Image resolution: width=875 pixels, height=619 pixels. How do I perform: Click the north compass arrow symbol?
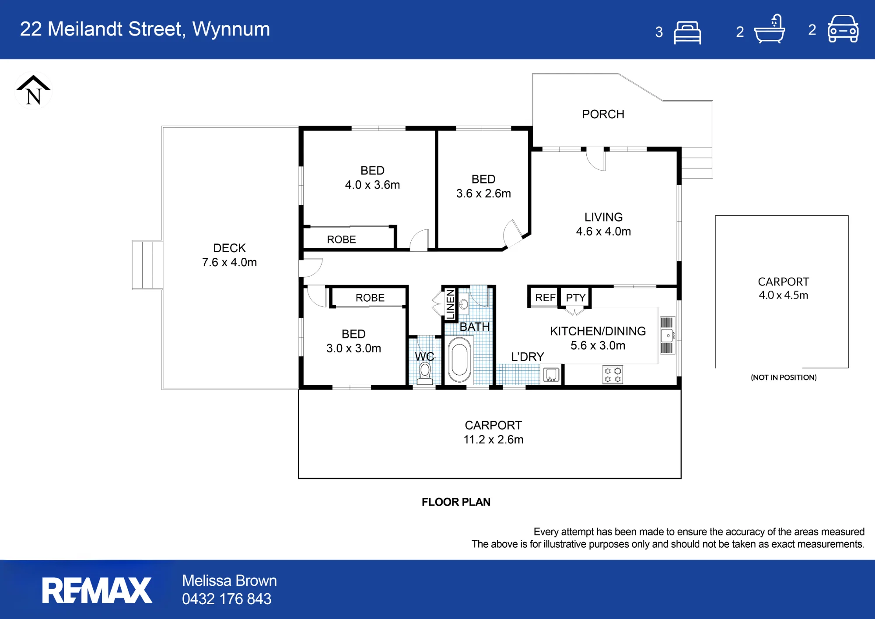pyautogui.click(x=33, y=90)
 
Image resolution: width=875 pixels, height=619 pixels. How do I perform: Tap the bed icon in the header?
pyautogui.click(x=687, y=32)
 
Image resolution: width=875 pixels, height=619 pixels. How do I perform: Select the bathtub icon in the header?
pyautogui.click(x=770, y=29)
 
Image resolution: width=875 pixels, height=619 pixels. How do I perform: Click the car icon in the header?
pyautogui.click(x=843, y=29)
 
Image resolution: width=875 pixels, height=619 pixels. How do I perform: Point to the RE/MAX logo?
pyautogui.click(x=97, y=590)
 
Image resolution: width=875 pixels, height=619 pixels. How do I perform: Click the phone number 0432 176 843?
pyautogui.click(x=227, y=599)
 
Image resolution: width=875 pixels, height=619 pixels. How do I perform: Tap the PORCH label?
pyautogui.click(x=603, y=114)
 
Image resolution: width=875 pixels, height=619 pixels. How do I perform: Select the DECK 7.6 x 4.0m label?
pyautogui.click(x=229, y=255)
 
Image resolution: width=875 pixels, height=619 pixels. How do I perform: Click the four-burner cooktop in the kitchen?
pyautogui.click(x=612, y=375)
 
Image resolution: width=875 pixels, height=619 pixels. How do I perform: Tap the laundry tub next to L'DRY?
pyautogui.click(x=551, y=375)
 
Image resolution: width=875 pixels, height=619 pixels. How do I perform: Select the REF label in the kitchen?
pyautogui.click(x=545, y=298)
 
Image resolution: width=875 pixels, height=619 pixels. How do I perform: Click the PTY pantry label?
pyautogui.click(x=575, y=298)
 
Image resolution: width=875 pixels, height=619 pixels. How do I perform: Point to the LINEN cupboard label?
pyautogui.click(x=450, y=304)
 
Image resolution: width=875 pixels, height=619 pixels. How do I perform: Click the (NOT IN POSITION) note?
pyautogui.click(x=784, y=377)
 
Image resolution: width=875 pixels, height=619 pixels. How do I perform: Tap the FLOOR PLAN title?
pyautogui.click(x=456, y=502)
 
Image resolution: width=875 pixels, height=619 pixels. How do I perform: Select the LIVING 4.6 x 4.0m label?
pyautogui.click(x=603, y=224)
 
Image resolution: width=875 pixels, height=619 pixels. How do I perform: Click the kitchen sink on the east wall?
pyautogui.click(x=667, y=336)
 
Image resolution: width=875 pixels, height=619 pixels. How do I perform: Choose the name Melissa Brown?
pyautogui.click(x=229, y=580)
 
